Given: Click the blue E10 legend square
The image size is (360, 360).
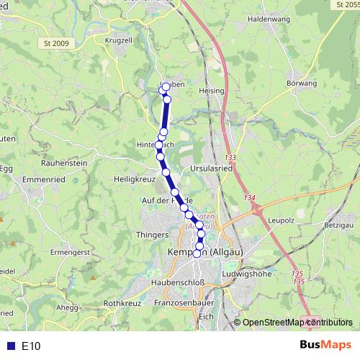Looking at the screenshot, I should (10, 346).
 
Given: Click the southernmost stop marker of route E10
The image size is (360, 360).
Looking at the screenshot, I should (197, 253).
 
